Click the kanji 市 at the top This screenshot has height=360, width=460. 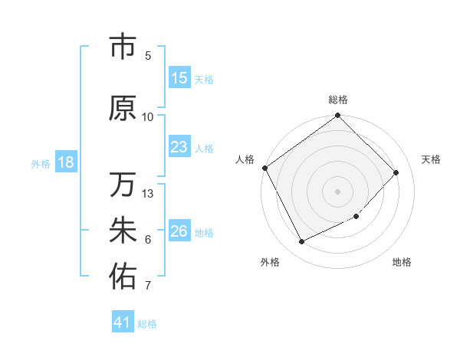123,47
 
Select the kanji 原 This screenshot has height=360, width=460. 123,108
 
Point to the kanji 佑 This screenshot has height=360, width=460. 123,277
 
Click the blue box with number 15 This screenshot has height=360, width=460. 179,78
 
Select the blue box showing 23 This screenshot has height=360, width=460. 179,147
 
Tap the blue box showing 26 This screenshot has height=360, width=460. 179,231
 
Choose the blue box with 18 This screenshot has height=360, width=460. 65,162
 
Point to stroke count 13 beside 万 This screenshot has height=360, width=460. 149,194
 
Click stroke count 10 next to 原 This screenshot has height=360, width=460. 148,117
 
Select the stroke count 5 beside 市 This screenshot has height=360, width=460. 148,56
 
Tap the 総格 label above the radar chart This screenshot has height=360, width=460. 338,100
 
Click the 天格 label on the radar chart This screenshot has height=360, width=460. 431,159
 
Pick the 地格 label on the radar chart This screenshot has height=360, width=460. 402,262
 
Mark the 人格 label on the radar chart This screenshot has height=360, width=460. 245,159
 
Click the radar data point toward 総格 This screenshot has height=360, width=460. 338,116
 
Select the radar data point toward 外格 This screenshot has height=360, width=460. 301,242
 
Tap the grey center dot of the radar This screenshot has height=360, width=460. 338,191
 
